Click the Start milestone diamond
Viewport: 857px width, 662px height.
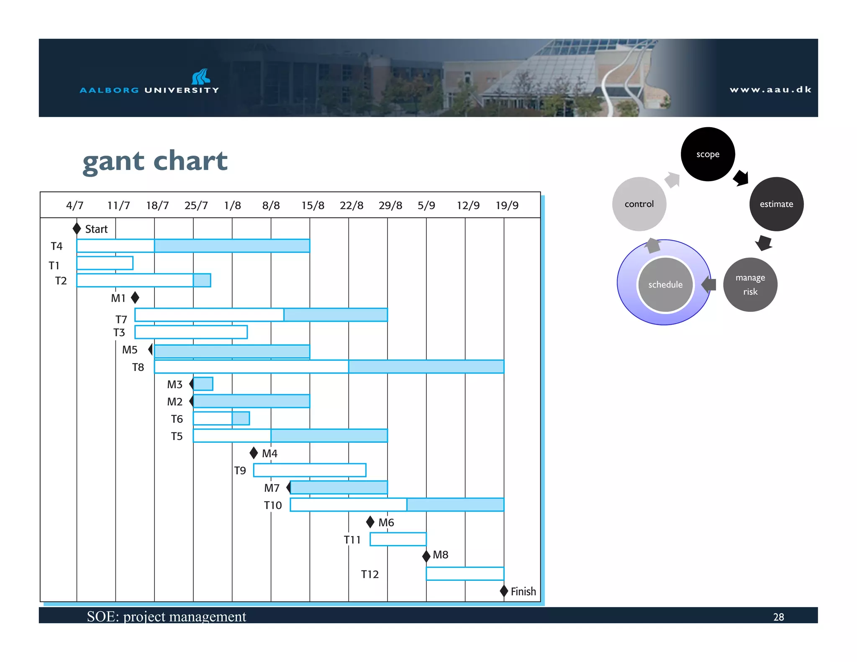(77, 228)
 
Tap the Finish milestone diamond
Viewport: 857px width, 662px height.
(504, 591)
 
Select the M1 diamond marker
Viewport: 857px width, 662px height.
(135, 298)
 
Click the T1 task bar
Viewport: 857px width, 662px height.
(105, 263)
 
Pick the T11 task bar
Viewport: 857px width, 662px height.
(398, 539)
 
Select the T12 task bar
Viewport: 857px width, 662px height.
(464, 573)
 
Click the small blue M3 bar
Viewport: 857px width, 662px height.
(203, 384)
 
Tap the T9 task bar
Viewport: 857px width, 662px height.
(310, 470)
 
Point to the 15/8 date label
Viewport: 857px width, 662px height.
(313, 205)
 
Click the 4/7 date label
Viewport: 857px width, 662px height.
(74, 205)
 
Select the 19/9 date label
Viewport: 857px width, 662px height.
(507, 205)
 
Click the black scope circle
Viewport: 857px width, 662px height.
(708, 154)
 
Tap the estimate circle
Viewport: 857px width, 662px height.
(776, 204)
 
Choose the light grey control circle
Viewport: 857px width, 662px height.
(639, 204)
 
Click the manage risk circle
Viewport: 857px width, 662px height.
(750, 285)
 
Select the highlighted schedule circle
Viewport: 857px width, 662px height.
(665, 285)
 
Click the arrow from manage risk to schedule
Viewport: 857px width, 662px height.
(709, 285)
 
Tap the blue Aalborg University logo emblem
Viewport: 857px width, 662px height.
(200, 77)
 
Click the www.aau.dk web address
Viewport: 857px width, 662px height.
(770, 90)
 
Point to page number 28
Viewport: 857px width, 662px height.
(778, 617)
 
